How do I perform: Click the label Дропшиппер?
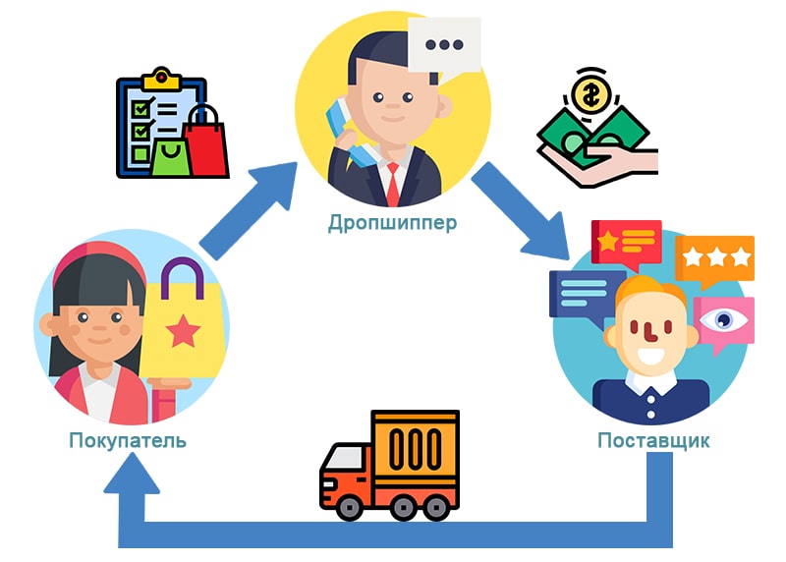pyautogui.click(x=392, y=222)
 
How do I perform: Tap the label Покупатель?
pyautogui.click(x=128, y=439)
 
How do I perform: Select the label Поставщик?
pyautogui.click(x=653, y=439)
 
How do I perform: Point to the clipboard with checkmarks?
pyautogui.click(x=147, y=123)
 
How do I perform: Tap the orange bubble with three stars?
pyautogui.click(x=714, y=258)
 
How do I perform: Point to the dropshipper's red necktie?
pyautogui.click(x=393, y=183)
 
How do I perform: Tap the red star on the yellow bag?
pyautogui.click(x=182, y=333)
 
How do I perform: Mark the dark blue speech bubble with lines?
pyautogui.click(x=582, y=296)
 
